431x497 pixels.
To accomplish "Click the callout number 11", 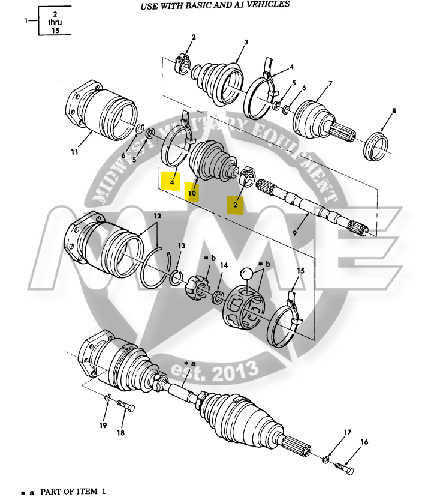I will click(74, 152).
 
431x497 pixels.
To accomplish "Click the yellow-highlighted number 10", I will click(192, 193).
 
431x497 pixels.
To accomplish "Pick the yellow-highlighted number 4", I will click(171, 181).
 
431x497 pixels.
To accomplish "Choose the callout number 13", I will click(182, 245).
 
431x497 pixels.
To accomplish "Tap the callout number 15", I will click(301, 270).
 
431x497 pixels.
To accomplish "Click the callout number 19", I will click(103, 426).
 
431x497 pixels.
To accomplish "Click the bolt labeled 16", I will click(344, 466).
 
